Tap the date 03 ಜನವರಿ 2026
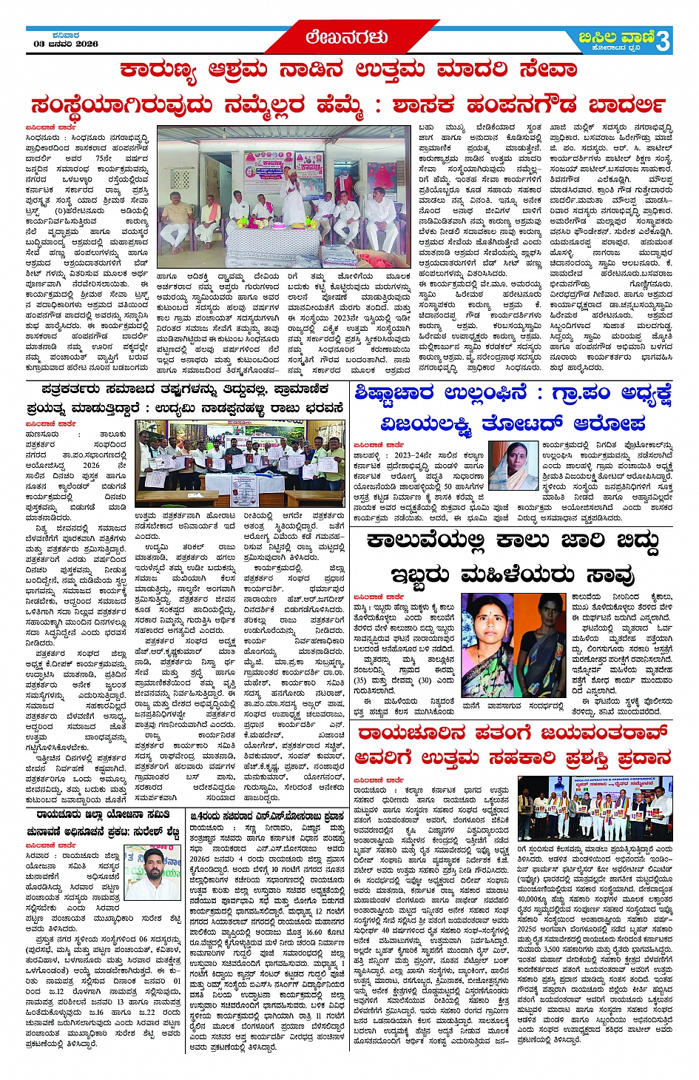pyautogui.click(x=66, y=44)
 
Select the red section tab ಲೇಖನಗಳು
pyautogui.click(x=347, y=37)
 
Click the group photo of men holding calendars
pyautogui.click(x=240, y=463)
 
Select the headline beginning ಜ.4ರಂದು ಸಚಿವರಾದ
pyautogui.click(x=267, y=816)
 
